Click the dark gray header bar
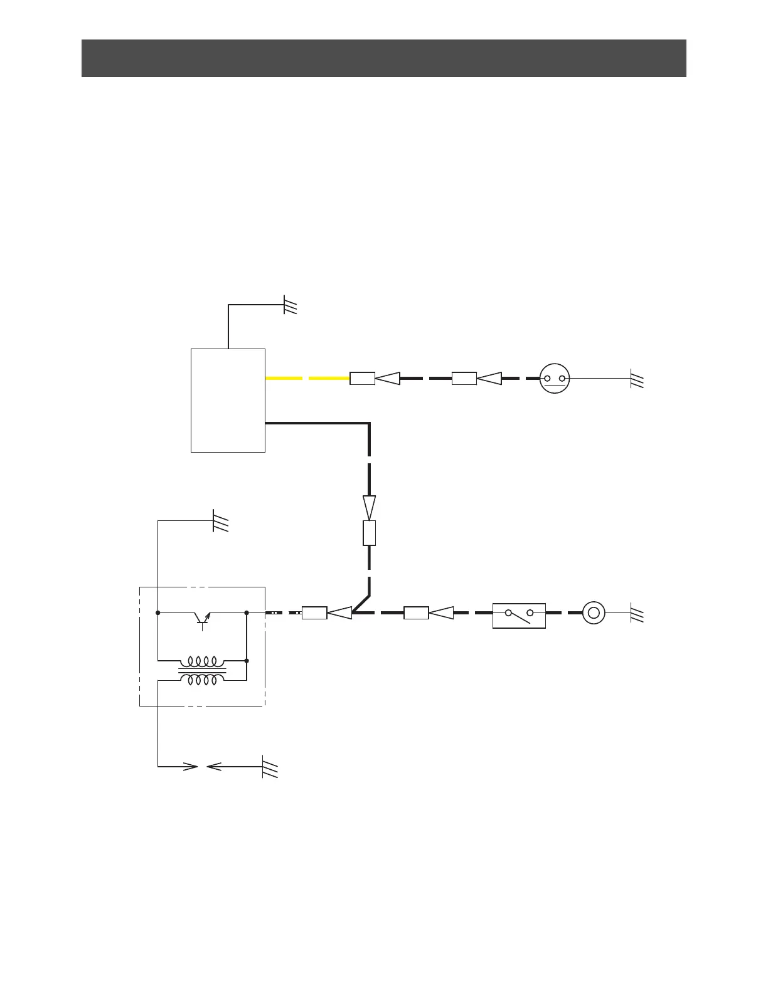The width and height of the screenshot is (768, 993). pos(383,58)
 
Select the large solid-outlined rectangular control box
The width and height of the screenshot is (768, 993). pos(228,400)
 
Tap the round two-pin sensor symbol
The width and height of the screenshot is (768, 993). pos(554,379)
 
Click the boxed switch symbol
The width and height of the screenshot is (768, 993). pos(519,615)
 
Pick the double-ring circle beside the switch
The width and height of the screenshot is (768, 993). pos(594,612)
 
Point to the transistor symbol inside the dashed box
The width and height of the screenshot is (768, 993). pos(202,617)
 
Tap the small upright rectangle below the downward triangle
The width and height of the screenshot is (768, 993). pos(370,533)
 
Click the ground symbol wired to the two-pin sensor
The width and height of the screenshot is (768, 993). pos(637,379)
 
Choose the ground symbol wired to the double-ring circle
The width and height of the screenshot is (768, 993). pos(637,614)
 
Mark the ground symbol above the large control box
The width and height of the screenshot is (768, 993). pos(290,305)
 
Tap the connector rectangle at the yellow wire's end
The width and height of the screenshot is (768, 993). pos(362,379)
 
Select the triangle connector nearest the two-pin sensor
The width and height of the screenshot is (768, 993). pos(490,379)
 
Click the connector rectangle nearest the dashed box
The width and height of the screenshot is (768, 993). pos(314,613)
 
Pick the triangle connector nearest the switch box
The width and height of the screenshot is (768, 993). pos(442,613)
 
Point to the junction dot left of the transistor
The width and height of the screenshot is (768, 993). pos(157,612)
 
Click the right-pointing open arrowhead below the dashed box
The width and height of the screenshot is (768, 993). pos(190,766)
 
